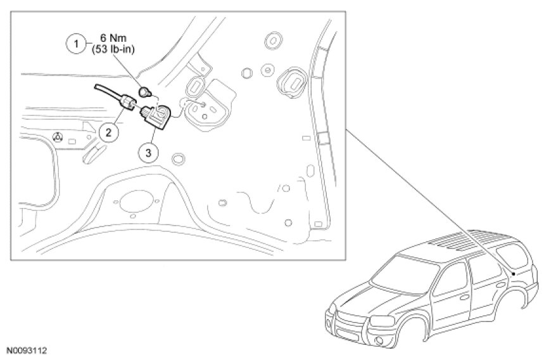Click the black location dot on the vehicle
[x=514, y=273]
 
